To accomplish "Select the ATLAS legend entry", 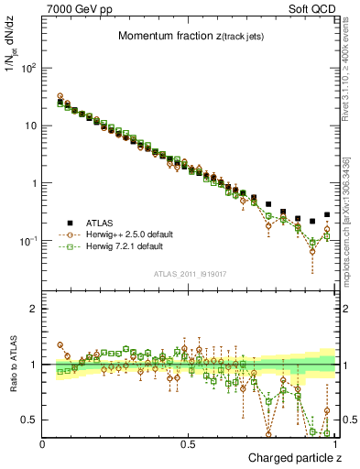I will click(x=101, y=222).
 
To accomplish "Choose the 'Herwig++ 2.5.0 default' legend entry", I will click(x=127, y=234).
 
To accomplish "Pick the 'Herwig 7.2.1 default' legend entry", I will click(x=124, y=247).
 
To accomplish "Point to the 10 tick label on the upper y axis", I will click(x=30, y=125).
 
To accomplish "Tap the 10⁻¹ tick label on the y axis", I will click(x=28, y=241).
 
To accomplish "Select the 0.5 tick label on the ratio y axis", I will click(x=30, y=420).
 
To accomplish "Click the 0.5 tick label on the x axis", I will click(x=190, y=443).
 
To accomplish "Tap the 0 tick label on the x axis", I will click(x=43, y=443).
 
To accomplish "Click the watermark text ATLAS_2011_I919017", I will click(x=190, y=274).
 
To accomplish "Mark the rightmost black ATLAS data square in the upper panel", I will click(x=327, y=214).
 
